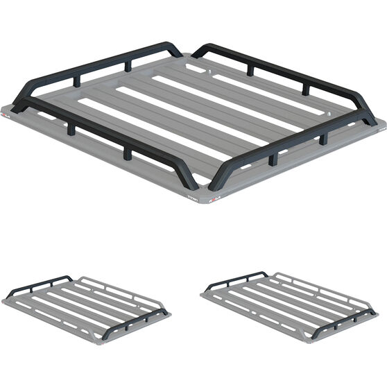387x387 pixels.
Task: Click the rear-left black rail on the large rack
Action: point(97,66)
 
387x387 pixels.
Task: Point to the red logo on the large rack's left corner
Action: point(14,111)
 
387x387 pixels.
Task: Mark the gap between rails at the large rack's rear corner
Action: point(187,53)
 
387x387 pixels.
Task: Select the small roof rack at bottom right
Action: point(289,305)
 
